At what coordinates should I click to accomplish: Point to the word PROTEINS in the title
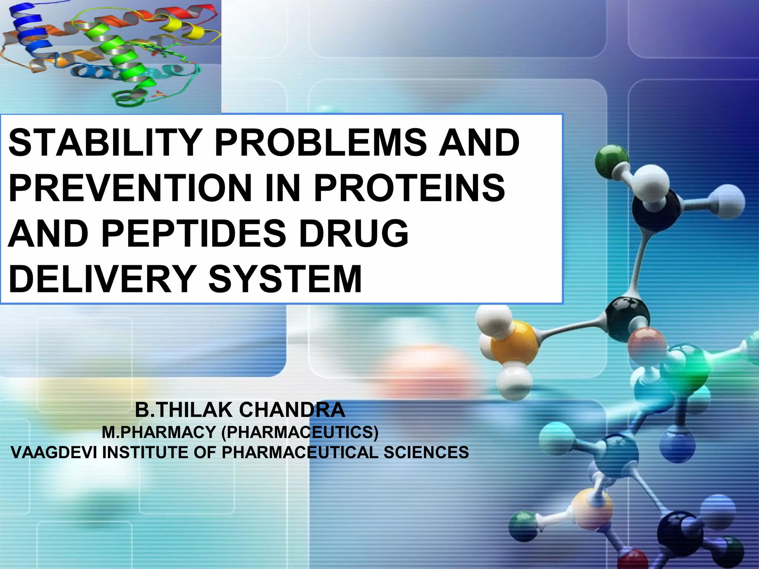pyautogui.click(x=409, y=188)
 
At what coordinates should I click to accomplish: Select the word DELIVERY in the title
pyautogui.click(x=102, y=279)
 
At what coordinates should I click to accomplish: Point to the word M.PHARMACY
pyautogui.click(x=159, y=432)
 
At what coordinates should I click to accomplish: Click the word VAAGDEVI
pyautogui.click(x=54, y=453)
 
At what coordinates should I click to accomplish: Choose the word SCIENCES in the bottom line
pyautogui.click(x=426, y=453)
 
